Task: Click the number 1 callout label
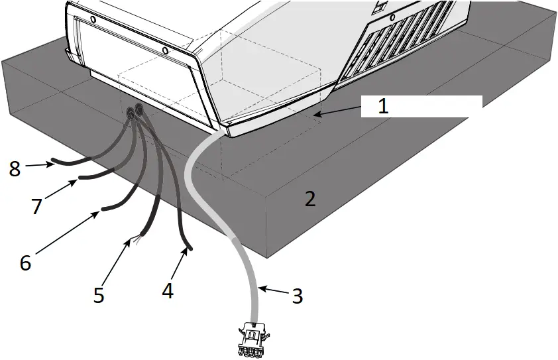[382, 105]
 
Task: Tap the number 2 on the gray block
[309, 198]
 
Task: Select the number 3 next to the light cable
[298, 296]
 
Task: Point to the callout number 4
[168, 290]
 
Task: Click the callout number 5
[99, 294]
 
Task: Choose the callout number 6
[25, 263]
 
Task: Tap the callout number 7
[36, 206]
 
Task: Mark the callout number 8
[15, 168]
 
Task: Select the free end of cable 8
[52, 162]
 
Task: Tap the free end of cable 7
[80, 177]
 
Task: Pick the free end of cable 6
[103, 211]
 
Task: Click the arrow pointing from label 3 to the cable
[272, 290]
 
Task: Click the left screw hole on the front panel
[92, 20]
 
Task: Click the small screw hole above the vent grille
[392, 17]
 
